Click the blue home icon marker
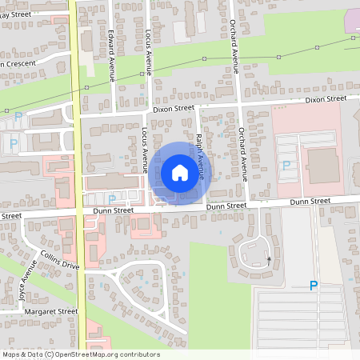pyautogui.click(x=180, y=172)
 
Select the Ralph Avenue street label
pyautogui.click(x=199, y=155)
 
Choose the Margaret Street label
pyautogui.click(x=50, y=310)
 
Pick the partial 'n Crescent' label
pyautogui.click(x=19, y=64)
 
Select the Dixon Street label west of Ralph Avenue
pyautogui.click(x=172, y=107)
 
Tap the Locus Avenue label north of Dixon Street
pyautogui.click(x=148, y=48)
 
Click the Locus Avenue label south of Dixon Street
pyautogui.click(x=144, y=150)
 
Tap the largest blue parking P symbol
pyautogui.click(x=314, y=286)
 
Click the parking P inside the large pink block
pyautogui.click(x=286, y=165)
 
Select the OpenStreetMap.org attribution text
pyautogui.click(x=104, y=354)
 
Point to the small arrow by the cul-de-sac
pyautogui.click(x=270, y=258)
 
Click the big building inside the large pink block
pyautogui.click(x=323, y=165)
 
